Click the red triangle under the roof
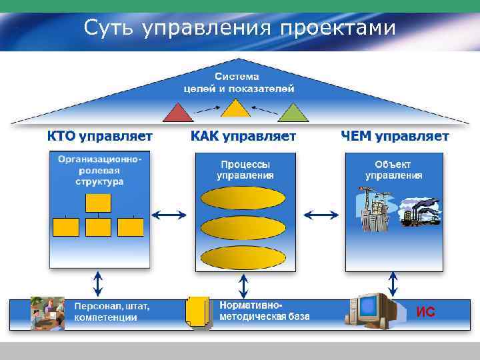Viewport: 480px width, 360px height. click(x=178, y=113)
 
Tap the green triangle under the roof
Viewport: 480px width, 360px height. click(x=293, y=113)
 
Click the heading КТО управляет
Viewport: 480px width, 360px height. click(x=99, y=137)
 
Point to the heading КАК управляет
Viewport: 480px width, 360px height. click(x=243, y=137)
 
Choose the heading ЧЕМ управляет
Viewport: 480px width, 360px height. click(x=395, y=137)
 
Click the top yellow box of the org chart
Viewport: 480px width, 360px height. click(x=99, y=202)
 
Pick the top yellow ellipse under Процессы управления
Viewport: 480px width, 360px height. click(x=243, y=198)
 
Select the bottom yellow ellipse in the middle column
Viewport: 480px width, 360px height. click(x=243, y=258)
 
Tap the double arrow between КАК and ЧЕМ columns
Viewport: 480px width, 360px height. click(x=321, y=215)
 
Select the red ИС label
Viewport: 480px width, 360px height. click(x=425, y=311)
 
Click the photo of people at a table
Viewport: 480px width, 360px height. click(x=47, y=313)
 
